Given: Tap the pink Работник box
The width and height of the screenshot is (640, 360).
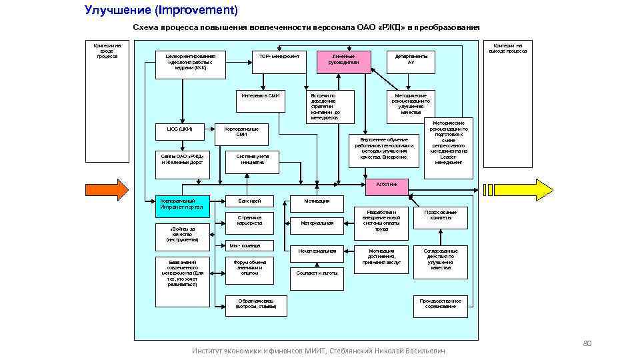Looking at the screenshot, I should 387,183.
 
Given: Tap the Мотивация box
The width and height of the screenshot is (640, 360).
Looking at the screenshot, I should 317,201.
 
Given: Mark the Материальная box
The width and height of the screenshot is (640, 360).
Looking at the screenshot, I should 317,223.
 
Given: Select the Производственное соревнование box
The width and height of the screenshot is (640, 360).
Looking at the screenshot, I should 441,304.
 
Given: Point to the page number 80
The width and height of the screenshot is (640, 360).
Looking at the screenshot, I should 587,343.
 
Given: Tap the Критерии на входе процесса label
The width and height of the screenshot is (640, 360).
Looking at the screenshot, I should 107,51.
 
